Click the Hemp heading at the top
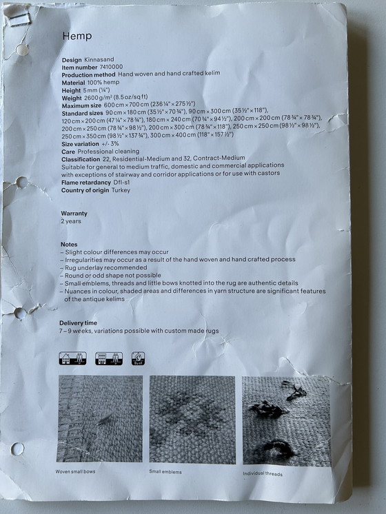coord(77,35)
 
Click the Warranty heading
coord(74,214)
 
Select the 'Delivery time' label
coord(78,323)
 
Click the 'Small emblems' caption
coord(165,472)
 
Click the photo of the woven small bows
coord(101,418)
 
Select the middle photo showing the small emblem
coord(192,419)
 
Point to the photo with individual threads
coord(285,420)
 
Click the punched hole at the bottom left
coord(18,449)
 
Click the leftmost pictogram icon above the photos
coord(72,358)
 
